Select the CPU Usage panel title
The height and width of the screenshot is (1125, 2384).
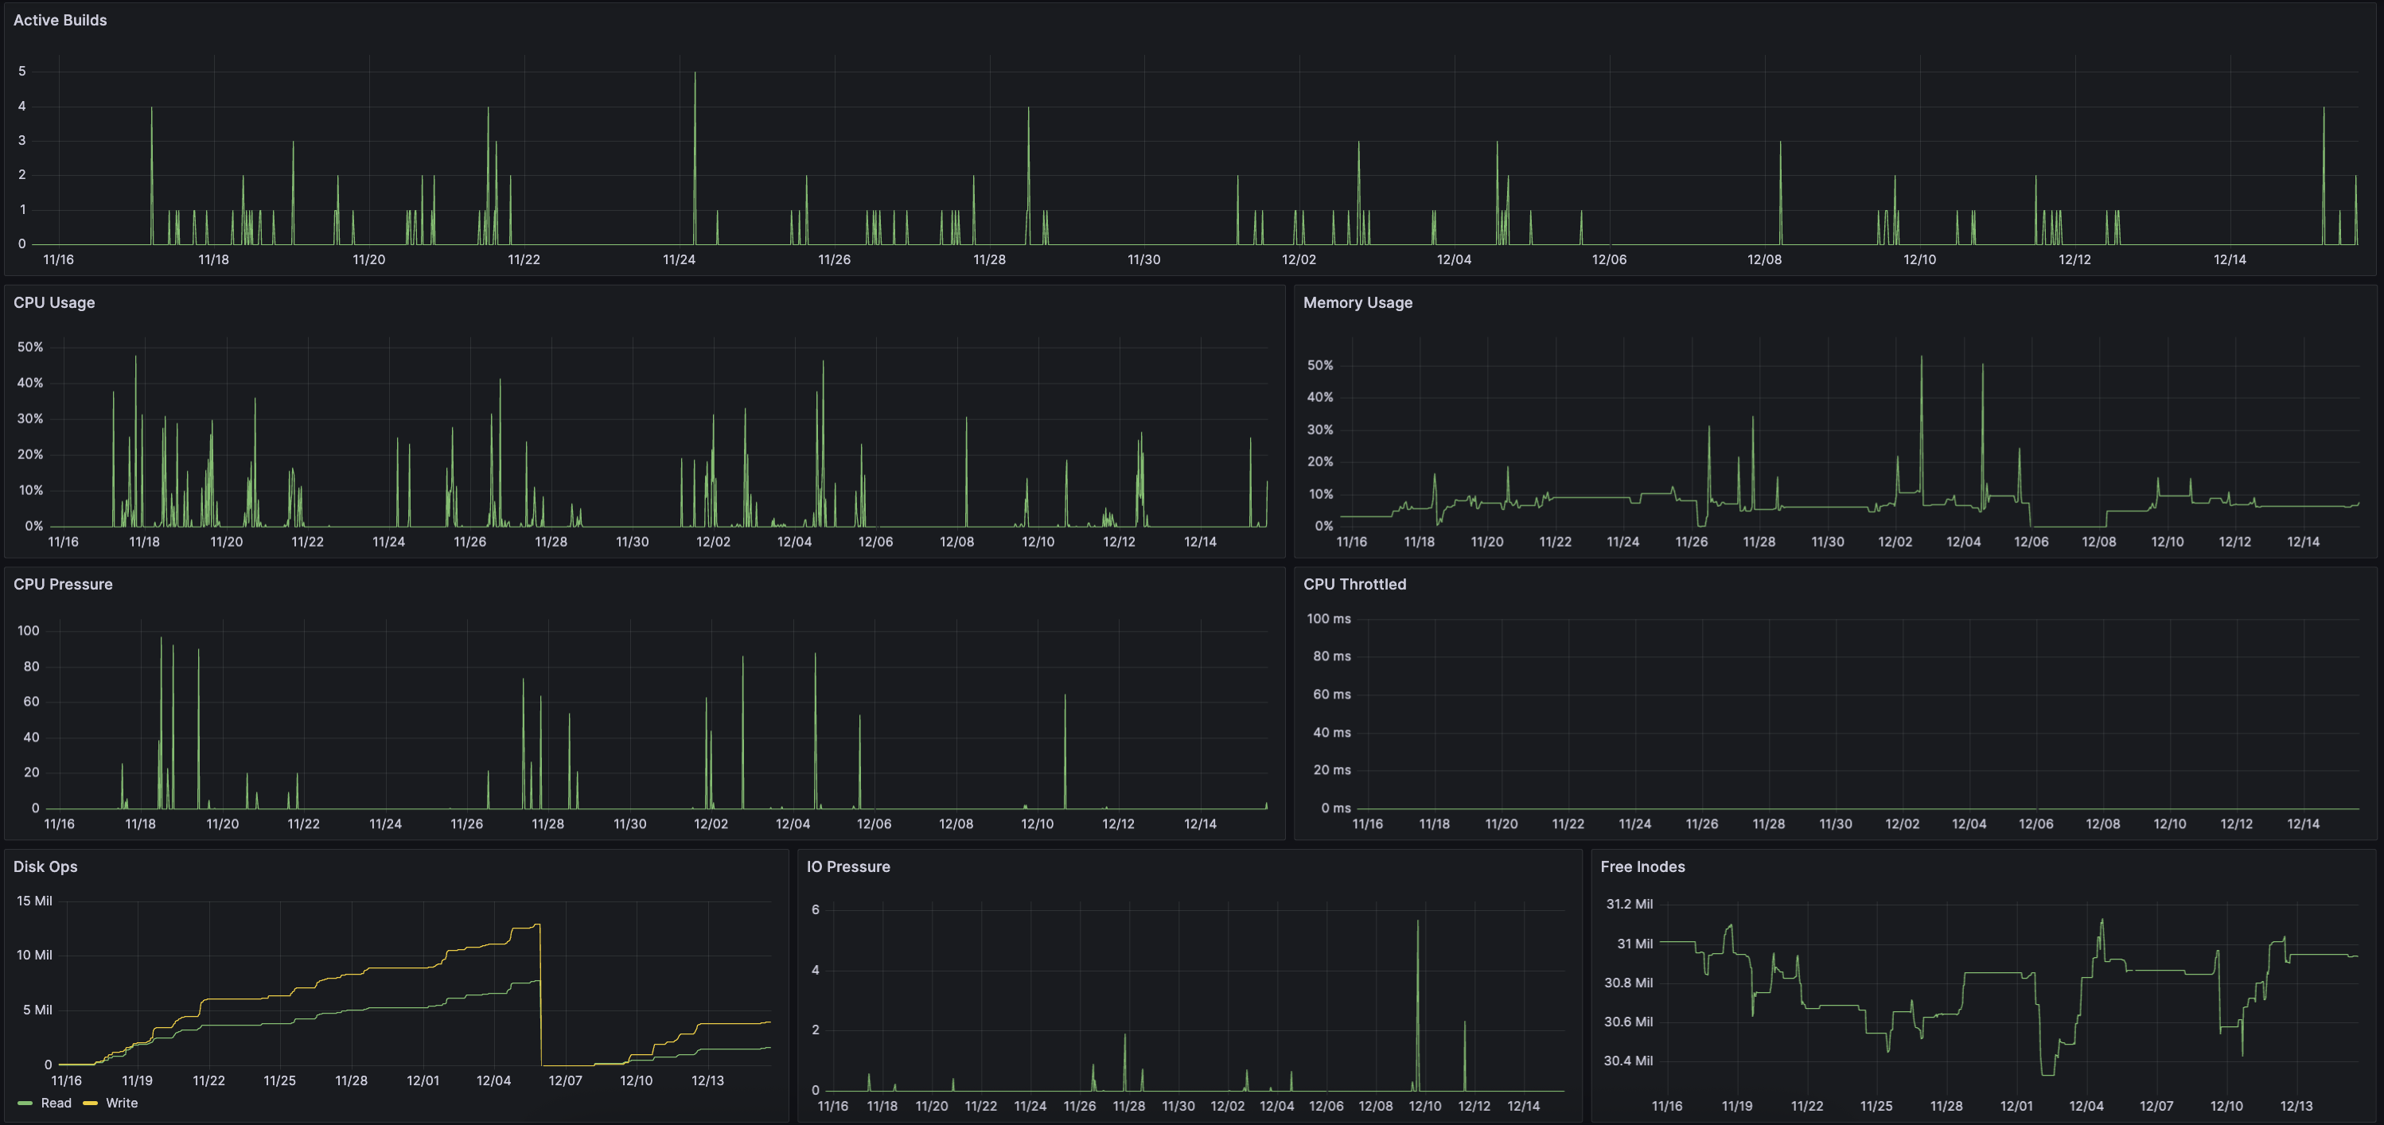click(53, 302)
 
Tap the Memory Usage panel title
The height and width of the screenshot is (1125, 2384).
click(1357, 302)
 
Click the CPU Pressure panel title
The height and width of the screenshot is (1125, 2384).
click(63, 585)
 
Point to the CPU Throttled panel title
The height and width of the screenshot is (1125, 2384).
click(1354, 585)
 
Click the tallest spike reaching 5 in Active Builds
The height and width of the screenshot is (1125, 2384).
click(695, 74)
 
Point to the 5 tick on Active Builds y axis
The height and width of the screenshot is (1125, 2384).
click(22, 72)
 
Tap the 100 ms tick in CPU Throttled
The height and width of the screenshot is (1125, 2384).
click(1328, 619)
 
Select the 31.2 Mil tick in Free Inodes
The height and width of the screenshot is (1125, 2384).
click(1629, 904)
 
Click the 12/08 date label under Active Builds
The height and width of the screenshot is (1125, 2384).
click(1764, 260)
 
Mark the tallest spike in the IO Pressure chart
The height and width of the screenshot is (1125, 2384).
click(1417, 922)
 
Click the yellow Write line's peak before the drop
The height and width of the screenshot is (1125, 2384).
click(538, 925)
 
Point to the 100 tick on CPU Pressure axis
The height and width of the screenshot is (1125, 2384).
click(29, 631)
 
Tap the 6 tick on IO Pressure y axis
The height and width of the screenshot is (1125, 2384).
click(816, 910)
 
